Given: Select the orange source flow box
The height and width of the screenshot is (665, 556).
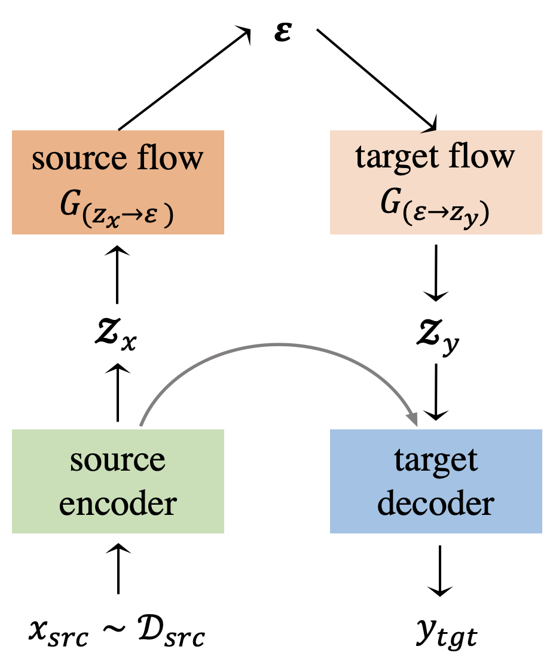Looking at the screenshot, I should click(118, 182).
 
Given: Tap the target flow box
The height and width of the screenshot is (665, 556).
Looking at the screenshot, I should click(436, 182).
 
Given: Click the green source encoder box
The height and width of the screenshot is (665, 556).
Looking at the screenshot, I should click(118, 481).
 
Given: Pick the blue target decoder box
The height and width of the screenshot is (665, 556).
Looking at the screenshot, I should click(436, 481).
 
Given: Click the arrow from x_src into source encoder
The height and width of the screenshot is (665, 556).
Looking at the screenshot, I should click(118, 568).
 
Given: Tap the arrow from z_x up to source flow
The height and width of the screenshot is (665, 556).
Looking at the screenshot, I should click(117, 275).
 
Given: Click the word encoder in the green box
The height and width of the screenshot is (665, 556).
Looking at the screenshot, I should click(118, 504).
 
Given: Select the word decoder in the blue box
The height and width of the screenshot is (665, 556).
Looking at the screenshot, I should click(436, 504).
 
